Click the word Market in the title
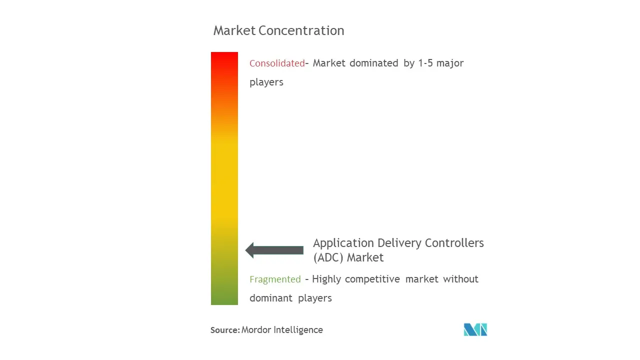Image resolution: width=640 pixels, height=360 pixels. click(234, 30)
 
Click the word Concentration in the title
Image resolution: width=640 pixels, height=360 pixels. click(301, 30)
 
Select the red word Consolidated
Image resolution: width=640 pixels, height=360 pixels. click(277, 63)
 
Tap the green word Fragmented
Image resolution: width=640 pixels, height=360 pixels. click(275, 279)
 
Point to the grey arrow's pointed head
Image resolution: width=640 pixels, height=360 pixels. click(245, 250)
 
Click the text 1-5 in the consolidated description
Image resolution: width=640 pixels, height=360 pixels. click(425, 63)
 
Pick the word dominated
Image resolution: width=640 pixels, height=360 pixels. click(373, 63)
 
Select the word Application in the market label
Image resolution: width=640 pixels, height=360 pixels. click(343, 243)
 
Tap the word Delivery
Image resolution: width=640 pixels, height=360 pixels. click(399, 243)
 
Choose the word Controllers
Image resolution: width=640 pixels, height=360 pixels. click(454, 243)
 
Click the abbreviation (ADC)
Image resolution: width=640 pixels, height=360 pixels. click(328, 257)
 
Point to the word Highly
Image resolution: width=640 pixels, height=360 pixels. click(326, 279)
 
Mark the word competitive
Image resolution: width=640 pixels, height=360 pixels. click(372, 279)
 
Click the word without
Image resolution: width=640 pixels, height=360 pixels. click(460, 279)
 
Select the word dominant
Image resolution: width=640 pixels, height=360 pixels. click(271, 298)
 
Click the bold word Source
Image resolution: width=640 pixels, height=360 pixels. click(224, 330)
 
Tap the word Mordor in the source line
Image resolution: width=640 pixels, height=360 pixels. click(256, 330)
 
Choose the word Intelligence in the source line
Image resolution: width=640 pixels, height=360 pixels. click(298, 330)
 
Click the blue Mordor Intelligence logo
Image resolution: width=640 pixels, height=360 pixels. click(475, 329)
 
